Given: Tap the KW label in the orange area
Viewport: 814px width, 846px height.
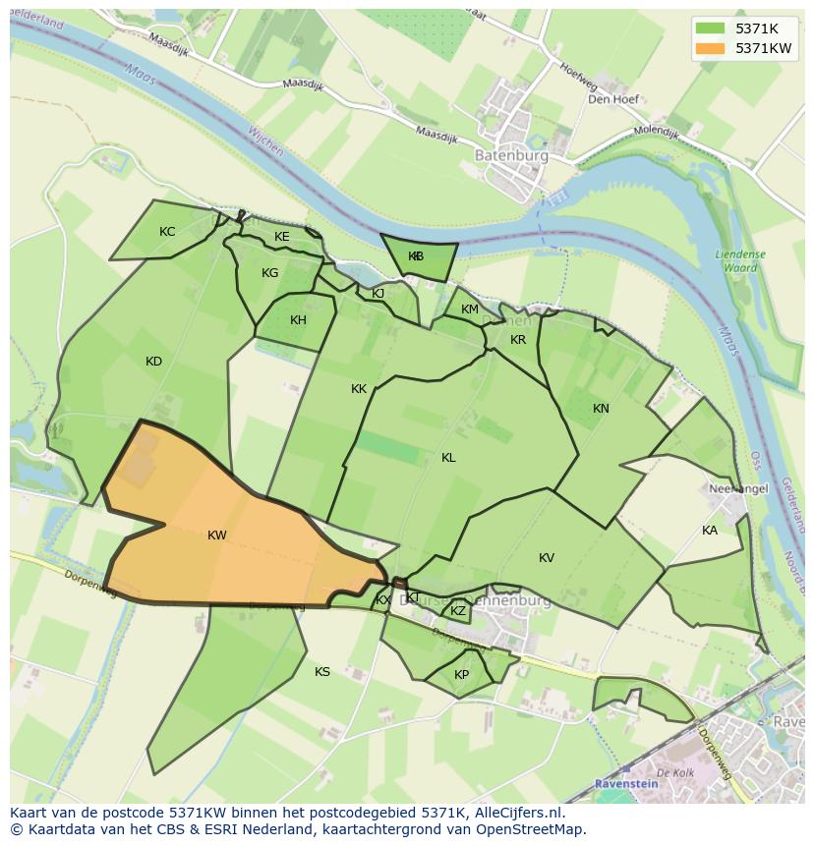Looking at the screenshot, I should [217, 536].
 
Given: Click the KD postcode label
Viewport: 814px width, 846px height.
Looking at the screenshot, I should [153, 362].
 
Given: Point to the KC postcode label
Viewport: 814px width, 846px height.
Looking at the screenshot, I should [167, 232].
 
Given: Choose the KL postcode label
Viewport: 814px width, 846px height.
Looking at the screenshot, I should [448, 458].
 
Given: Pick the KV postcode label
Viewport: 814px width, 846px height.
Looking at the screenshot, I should [547, 558].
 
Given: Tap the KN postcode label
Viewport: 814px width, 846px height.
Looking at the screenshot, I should [601, 409].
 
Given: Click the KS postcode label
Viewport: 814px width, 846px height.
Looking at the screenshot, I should [322, 672].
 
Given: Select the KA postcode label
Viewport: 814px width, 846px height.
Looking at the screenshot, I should [709, 531].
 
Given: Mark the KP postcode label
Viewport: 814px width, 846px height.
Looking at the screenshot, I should [461, 675].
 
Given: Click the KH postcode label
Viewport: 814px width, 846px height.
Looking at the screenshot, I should [298, 320].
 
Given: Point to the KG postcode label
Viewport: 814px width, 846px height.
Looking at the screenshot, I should [269, 273].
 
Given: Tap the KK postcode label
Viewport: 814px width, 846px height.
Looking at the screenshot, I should [359, 389].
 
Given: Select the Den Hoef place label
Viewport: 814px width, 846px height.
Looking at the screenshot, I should [612, 99].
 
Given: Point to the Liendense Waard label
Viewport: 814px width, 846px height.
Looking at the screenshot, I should [739, 260].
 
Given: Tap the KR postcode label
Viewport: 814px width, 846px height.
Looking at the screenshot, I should [518, 340].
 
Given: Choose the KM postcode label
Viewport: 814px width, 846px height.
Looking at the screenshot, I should [470, 310].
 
